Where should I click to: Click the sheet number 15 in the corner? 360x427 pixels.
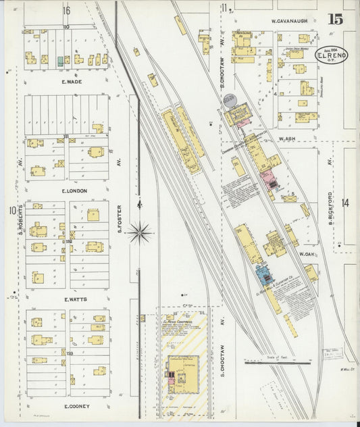[x=334, y=19]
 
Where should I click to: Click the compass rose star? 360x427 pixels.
[x=140, y=232]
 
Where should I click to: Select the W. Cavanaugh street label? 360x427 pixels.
[x=289, y=21]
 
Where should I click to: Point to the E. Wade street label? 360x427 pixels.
[x=72, y=82]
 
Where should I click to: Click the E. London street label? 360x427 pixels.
[x=74, y=191]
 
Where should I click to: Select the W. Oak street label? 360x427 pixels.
[x=307, y=254]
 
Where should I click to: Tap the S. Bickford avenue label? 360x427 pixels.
[x=330, y=207]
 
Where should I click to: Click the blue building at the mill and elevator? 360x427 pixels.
[x=262, y=276]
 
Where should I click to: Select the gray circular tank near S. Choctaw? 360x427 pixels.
[x=230, y=100]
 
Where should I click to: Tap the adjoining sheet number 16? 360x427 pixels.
[x=66, y=9]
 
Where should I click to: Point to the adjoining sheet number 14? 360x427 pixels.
[x=345, y=203]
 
